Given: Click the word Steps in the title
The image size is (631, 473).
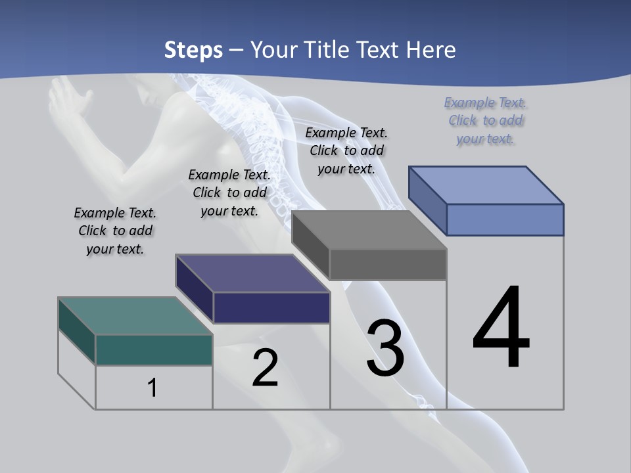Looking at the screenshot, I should (193, 50).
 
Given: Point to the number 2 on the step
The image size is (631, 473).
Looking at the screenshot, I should (265, 368).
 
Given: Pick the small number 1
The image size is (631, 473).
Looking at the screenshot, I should (152, 388).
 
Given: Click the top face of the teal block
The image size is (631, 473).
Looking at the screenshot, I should (135, 315).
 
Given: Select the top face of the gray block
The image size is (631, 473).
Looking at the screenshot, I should (369, 230).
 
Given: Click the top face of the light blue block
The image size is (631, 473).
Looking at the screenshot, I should (486, 185).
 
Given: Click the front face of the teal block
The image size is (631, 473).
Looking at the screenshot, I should (154, 349).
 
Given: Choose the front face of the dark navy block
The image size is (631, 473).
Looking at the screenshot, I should (271, 307).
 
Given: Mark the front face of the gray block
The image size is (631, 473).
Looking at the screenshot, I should (388, 264).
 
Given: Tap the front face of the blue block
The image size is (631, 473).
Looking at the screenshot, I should (505, 219).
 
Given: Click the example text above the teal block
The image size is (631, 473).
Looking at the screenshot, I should (115, 231).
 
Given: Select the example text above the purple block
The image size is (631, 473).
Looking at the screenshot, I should (229, 192).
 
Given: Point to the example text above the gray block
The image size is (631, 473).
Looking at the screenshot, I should (346, 150).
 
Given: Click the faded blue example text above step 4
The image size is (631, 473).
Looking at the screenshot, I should (486, 120).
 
